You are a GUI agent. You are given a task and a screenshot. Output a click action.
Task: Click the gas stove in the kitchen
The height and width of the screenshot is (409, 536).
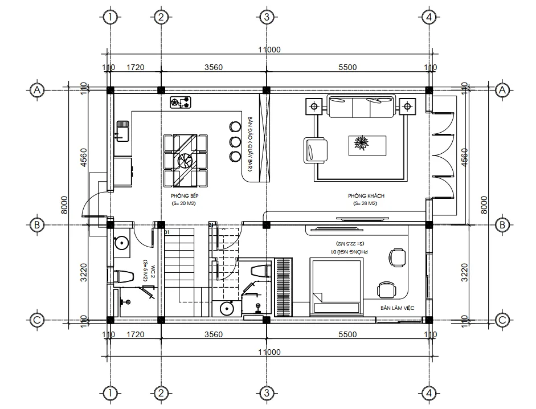[x=181, y=103]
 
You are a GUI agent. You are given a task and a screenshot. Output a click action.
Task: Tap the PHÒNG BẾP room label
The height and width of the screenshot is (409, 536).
[x=183, y=195]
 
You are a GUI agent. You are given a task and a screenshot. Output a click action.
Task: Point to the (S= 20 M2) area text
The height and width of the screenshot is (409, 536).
[x=183, y=203]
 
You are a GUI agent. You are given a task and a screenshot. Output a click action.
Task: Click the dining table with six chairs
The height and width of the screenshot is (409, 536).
[x=185, y=160]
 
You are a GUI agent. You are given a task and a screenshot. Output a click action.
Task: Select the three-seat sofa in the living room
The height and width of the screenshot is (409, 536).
[x=360, y=107]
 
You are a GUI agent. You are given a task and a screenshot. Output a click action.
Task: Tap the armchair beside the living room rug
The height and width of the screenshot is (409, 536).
[x=316, y=150]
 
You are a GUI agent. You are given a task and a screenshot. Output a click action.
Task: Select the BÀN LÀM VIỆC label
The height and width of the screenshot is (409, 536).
[x=398, y=308]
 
